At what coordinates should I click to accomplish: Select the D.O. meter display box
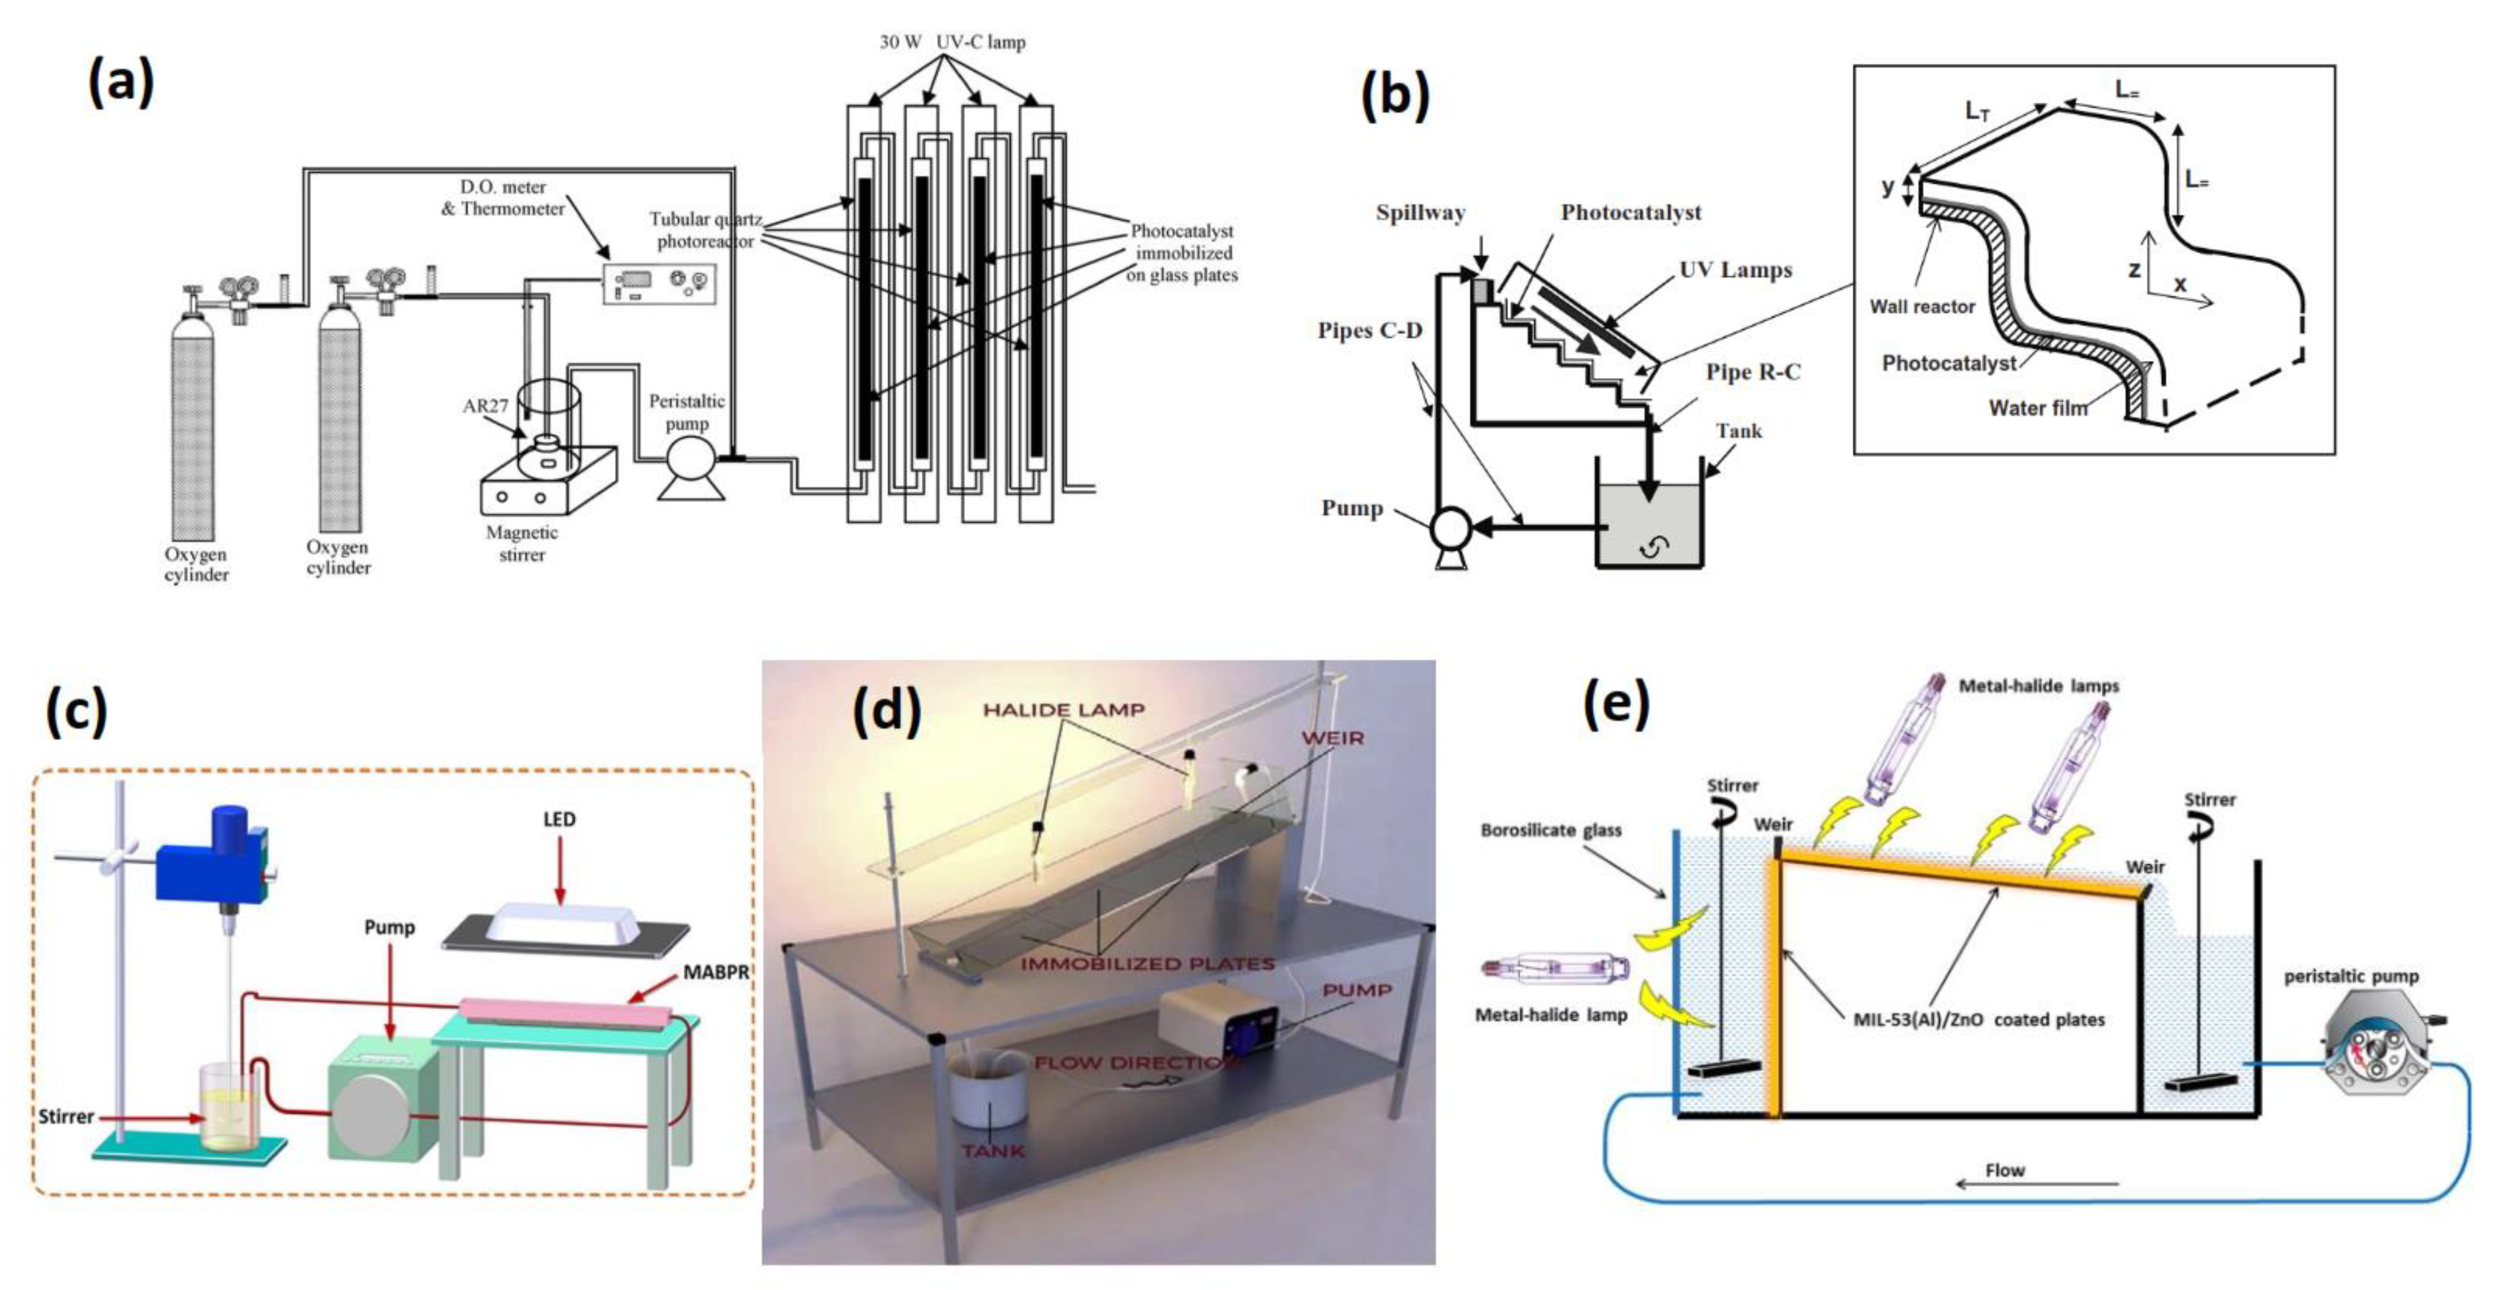pyautogui.click(x=658, y=284)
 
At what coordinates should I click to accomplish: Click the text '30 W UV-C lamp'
pyautogui.click(x=952, y=42)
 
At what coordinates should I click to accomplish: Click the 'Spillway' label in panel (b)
pyautogui.click(x=1420, y=213)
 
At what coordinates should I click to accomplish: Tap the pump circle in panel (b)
pyautogui.click(x=1450, y=529)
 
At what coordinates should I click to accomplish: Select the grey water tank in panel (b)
pyautogui.click(x=1649, y=527)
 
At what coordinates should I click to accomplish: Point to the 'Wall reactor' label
pyautogui.click(x=1922, y=307)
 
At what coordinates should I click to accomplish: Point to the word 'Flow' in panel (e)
pyautogui.click(x=2004, y=1170)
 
